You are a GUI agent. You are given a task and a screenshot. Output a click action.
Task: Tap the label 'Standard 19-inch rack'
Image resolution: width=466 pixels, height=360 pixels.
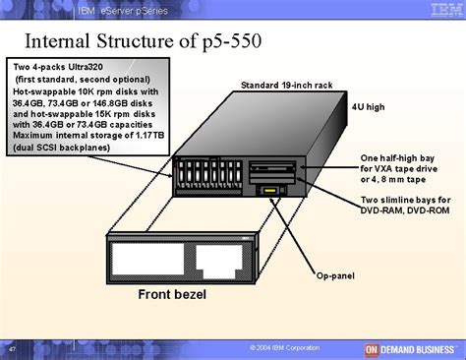[289, 86]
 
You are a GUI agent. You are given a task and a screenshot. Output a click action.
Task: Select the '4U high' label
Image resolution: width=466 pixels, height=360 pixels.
[368, 106]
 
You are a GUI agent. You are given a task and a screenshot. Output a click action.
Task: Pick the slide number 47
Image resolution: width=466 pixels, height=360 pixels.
[11, 348]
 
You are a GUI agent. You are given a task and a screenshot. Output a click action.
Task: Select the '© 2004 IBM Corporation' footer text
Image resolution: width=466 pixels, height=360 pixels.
[285, 348]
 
